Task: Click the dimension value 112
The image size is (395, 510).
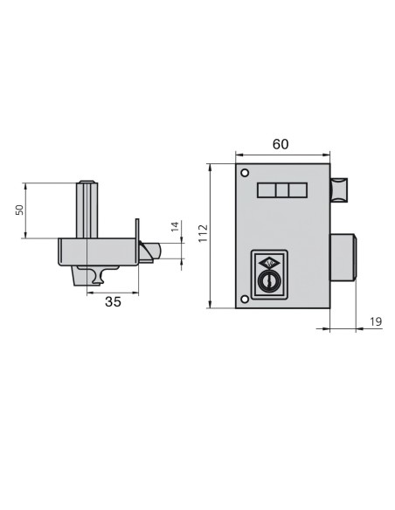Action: click(x=202, y=234)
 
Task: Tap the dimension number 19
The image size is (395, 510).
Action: click(x=376, y=322)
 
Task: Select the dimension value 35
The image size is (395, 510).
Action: click(x=113, y=303)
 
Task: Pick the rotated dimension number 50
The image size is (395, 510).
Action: click(x=19, y=210)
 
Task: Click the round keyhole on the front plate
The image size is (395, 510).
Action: click(x=269, y=282)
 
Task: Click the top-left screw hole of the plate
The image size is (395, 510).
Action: click(x=246, y=171)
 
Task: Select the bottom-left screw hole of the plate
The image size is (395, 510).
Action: click(x=246, y=300)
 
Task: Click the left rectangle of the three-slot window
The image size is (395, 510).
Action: click(x=266, y=191)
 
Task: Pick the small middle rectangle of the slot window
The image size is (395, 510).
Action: click(x=282, y=191)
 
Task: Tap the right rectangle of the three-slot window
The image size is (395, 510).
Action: click(x=298, y=191)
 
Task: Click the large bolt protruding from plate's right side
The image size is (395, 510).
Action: click(x=343, y=258)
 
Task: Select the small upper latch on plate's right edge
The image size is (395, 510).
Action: click(x=339, y=190)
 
